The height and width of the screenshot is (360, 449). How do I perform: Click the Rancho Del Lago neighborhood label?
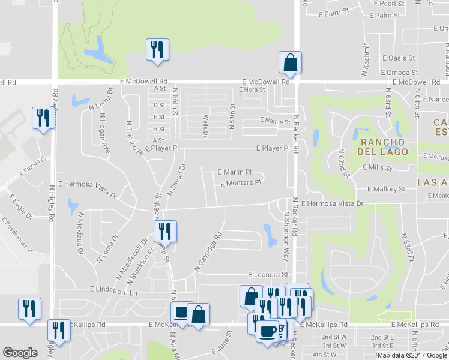[x=385, y=146]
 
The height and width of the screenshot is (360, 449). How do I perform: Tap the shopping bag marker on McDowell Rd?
[x=290, y=62]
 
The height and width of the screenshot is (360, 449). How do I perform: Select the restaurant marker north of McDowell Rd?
[x=158, y=50]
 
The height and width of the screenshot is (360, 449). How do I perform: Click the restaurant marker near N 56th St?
[x=163, y=232]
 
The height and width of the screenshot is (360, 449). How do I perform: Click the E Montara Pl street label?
[x=241, y=184]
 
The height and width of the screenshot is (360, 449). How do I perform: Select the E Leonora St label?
[x=267, y=274]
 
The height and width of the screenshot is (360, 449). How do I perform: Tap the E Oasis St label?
[x=399, y=58]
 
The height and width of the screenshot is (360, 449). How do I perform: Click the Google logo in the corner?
[x=20, y=353]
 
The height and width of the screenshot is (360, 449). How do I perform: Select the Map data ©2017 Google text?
[x=412, y=355]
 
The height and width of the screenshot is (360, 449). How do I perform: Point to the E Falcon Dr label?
[x=33, y=168]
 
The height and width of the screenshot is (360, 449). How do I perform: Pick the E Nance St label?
[x=276, y=121]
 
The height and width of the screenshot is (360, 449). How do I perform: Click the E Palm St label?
[x=333, y=12]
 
